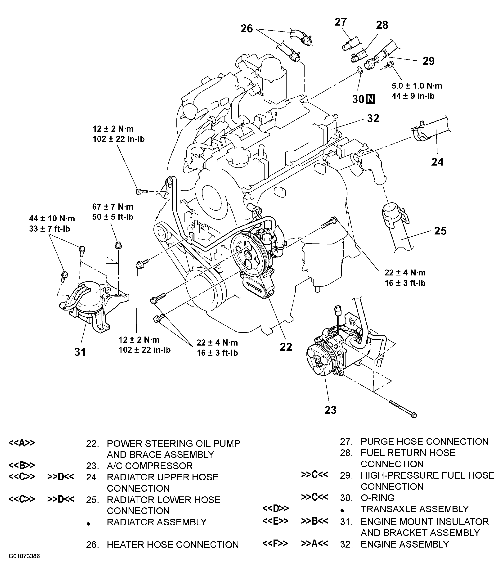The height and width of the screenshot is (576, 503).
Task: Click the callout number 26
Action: click(247, 29)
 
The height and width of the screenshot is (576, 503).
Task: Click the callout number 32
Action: click(373, 118)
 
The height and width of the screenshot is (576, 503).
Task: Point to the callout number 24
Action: click(437, 162)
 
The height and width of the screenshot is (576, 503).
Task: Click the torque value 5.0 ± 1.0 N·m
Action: click(417, 85)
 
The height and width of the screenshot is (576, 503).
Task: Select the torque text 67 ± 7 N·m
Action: click(113, 207)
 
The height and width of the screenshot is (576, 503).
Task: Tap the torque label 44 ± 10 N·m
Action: click(52, 218)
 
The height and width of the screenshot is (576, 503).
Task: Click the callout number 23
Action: click(330, 410)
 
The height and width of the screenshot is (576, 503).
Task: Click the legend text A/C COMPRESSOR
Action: click(150, 466)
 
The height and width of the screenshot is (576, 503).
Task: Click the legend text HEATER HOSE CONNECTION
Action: click(172, 544)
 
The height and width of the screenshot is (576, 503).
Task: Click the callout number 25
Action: click(440, 231)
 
